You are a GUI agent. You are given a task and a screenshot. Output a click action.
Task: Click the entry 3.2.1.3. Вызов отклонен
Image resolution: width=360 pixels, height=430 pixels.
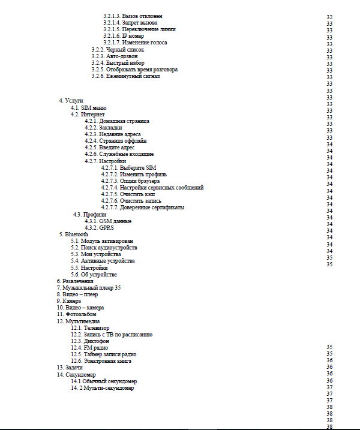coord(133,16)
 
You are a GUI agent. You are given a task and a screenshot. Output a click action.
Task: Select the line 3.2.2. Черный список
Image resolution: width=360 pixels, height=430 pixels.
coord(118,49)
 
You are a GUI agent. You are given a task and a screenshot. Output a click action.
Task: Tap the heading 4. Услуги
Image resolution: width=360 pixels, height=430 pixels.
coord(71,101)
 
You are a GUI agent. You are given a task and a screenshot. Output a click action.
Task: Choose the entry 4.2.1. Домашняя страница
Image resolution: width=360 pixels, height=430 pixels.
coord(117,121)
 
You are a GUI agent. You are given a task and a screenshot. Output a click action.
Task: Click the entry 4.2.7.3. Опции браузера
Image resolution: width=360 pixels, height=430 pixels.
coord(130,181)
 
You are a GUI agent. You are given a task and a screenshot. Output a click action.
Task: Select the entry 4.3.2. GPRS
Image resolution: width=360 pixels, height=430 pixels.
coord(100,228)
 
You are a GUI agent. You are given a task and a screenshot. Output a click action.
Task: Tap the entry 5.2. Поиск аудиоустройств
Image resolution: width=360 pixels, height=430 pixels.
coord(104,248)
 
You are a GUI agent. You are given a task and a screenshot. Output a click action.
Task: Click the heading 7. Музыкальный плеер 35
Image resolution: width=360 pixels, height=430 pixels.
coord(89,288)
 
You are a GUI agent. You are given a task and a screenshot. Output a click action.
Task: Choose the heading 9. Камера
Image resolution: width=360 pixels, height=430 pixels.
coord(69,301)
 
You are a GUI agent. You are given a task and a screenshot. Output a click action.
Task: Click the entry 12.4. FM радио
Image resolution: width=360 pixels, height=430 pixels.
coord(89,348)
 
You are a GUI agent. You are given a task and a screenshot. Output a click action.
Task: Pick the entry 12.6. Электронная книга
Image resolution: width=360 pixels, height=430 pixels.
coord(101,361)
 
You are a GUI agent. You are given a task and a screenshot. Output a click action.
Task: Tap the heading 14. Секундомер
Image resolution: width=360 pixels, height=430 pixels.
coord(76,375)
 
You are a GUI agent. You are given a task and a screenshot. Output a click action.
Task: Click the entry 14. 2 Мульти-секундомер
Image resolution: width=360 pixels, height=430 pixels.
coord(103,388)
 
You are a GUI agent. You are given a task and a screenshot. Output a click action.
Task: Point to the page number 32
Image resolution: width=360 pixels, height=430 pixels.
coord(329,17)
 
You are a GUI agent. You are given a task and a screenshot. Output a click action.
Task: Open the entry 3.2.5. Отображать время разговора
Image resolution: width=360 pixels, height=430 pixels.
coord(134,70)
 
